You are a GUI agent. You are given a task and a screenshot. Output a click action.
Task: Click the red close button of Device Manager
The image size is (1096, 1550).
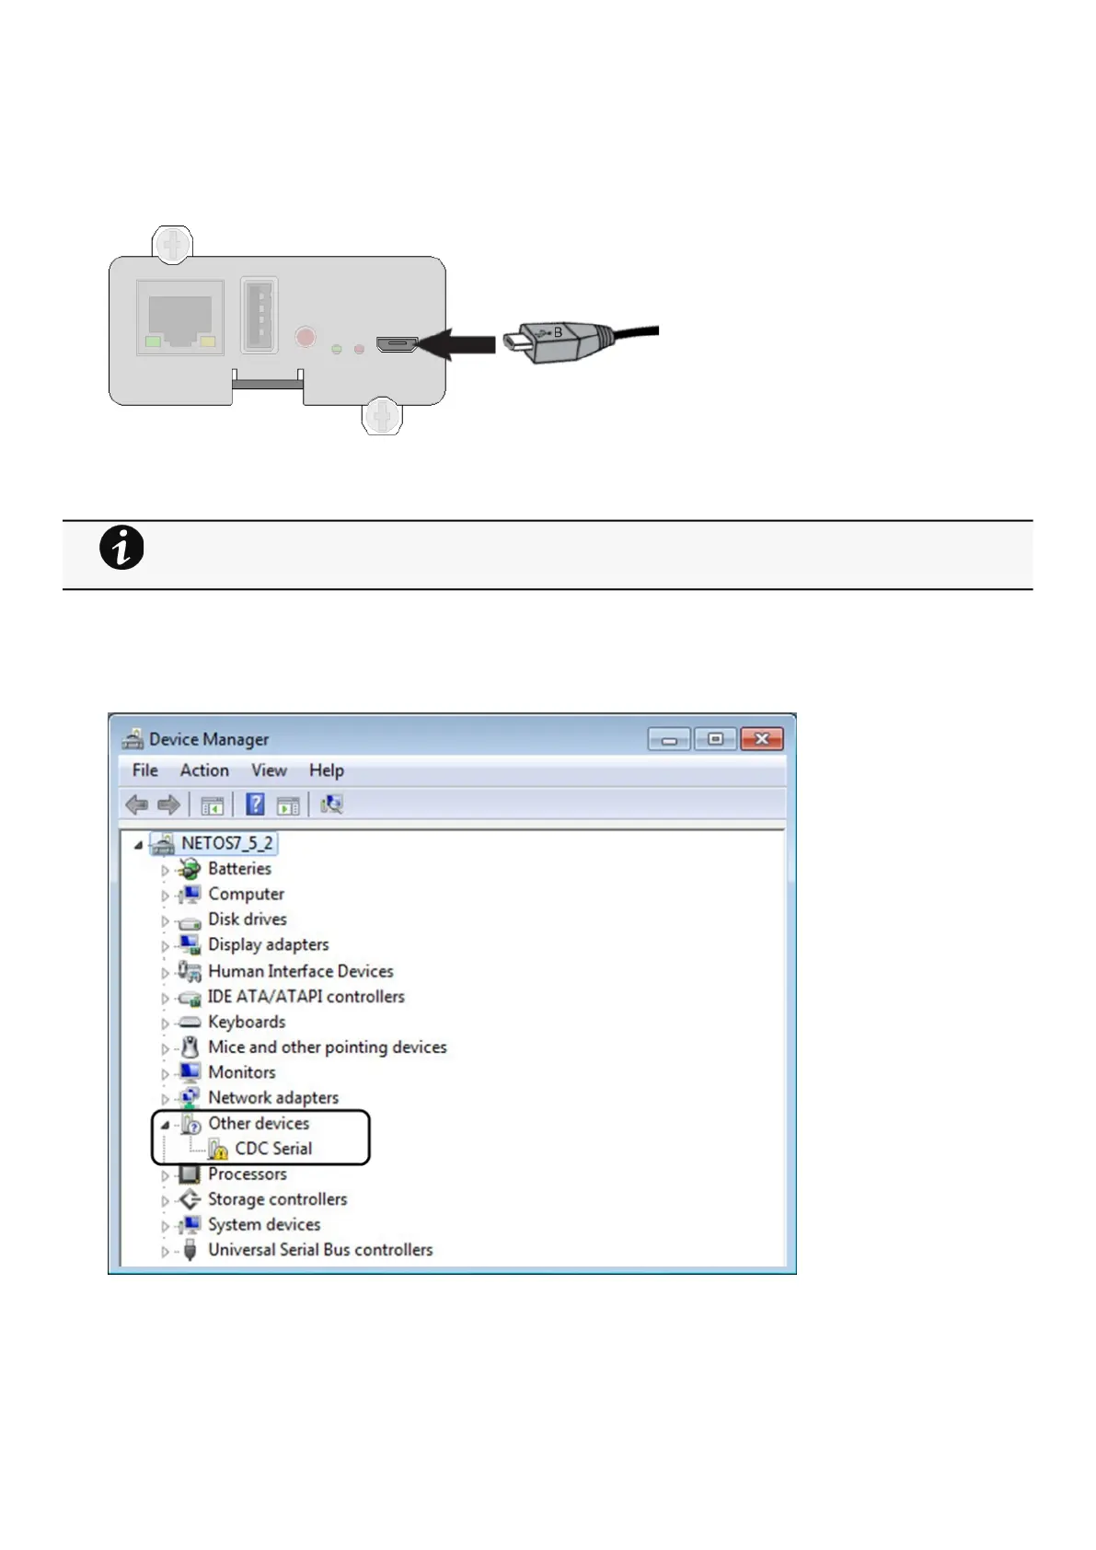tap(761, 739)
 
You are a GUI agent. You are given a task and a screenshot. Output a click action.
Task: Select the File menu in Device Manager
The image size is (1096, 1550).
tap(144, 770)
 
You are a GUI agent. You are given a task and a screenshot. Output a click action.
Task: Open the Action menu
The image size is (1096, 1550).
tap(204, 770)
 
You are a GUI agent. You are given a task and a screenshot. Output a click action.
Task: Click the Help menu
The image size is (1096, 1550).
tap(326, 770)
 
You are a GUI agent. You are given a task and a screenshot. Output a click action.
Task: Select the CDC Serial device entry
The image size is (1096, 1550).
tap(273, 1149)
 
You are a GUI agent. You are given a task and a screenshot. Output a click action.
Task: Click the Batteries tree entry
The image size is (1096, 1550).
tap(239, 868)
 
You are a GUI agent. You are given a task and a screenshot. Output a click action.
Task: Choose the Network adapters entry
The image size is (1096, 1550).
tap(272, 1097)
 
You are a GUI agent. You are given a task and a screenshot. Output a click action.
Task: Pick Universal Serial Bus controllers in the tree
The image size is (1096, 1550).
tap(319, 1250)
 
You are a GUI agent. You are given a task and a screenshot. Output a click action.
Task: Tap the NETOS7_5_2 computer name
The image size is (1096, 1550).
tap(226, 843)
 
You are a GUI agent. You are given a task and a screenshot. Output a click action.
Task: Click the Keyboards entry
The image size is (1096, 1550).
tap(247, 1022)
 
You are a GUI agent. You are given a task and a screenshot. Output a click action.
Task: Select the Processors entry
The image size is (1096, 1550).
tap(247, 1174)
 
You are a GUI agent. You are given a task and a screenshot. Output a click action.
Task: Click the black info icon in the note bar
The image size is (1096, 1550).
tap(121, 549)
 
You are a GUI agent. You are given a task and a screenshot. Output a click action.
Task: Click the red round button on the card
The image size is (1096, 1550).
tap(306, 336)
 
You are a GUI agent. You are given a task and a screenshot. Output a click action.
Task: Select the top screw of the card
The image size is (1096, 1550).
tap(172, 244)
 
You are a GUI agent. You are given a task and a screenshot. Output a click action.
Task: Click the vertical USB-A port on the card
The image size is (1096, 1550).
tap(259, 315)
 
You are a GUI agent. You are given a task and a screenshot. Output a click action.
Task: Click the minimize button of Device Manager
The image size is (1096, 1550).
tap(669, 739)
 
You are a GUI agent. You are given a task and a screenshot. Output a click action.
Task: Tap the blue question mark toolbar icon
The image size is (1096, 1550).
tap(255, 804)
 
